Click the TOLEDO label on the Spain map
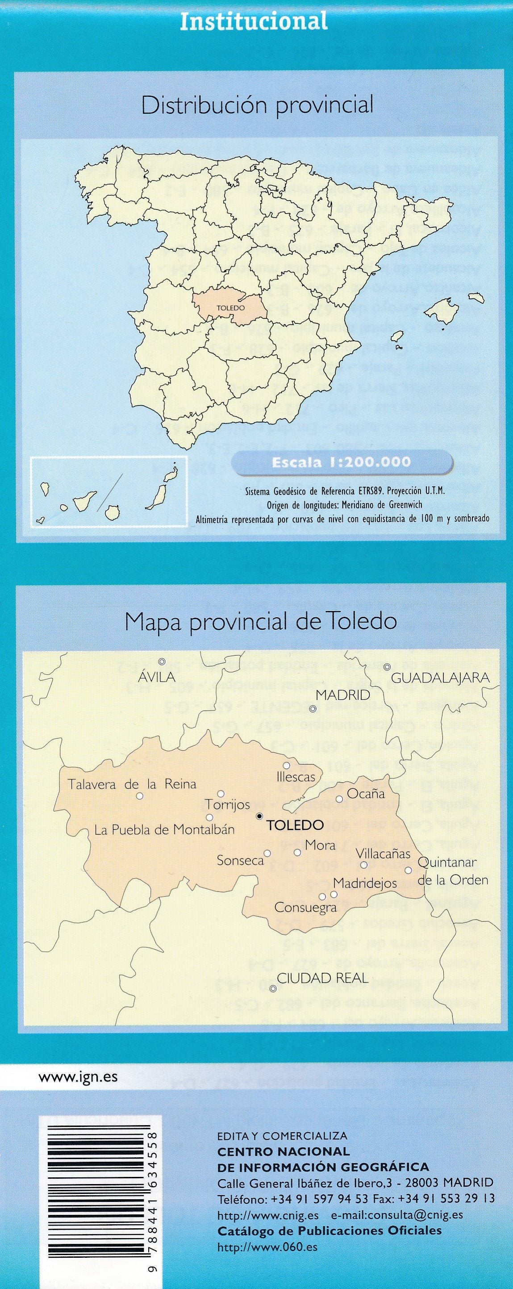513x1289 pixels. [231, 308]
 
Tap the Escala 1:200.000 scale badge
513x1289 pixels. [341, 462]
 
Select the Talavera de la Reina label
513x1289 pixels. [132, 784]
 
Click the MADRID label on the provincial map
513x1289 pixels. [343, 695]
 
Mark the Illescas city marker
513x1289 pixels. [287, 766]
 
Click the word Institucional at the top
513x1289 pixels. [254, 21]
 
